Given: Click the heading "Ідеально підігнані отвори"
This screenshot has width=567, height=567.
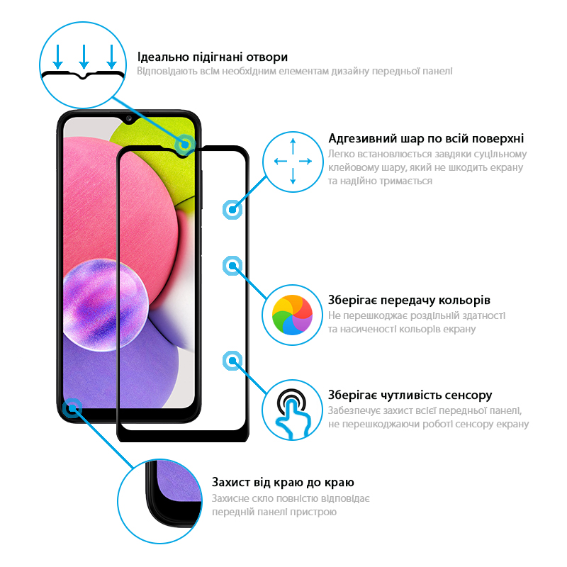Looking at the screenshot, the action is [x=212, y=57].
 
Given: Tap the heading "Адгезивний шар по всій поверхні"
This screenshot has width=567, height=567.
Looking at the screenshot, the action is [x=426, y=138].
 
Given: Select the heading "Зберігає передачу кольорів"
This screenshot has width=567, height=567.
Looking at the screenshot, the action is [x=409, y=300].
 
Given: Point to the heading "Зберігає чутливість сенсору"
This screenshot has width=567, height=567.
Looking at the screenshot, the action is [x=410, y=395].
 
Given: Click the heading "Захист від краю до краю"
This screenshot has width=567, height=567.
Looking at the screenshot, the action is [x=283, y=482].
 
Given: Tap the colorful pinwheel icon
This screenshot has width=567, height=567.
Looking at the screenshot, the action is [x=292, y=315].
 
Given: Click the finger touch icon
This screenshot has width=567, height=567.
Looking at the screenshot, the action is [x=293, y=413].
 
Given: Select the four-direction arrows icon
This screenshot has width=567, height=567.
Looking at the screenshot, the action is [x=293, y=162].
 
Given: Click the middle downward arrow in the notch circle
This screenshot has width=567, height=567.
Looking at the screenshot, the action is [x=84, y=57].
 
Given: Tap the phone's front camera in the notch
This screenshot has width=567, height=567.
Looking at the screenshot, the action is [x=129, y=118].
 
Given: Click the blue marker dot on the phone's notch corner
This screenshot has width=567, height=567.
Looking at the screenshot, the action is [x=185, y=145].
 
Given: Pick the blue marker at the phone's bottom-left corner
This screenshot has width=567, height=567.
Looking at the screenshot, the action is [x=72, y=408].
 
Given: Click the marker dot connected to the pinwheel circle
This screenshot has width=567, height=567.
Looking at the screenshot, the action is [x=232, y=266].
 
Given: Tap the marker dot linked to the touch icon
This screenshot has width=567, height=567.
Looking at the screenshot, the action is [x=232, y=361].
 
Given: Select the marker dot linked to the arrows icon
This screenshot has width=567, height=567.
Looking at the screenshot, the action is [x=232, y=209].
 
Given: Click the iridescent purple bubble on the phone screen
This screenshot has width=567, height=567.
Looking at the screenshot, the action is [x=104, y=305].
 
